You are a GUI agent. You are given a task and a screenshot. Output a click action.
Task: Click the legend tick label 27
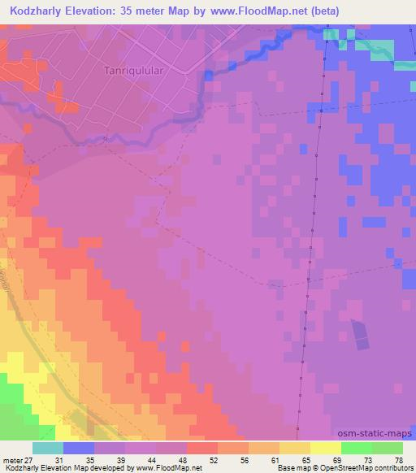click(28, 459)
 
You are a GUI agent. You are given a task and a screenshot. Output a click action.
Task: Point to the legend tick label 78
click(397, 459)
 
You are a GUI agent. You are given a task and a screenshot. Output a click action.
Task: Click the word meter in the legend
click(11, 459)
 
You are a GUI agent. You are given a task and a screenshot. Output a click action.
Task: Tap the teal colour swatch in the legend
click(48, 448)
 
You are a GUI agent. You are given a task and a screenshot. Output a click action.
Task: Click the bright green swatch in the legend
click(357, 448)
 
